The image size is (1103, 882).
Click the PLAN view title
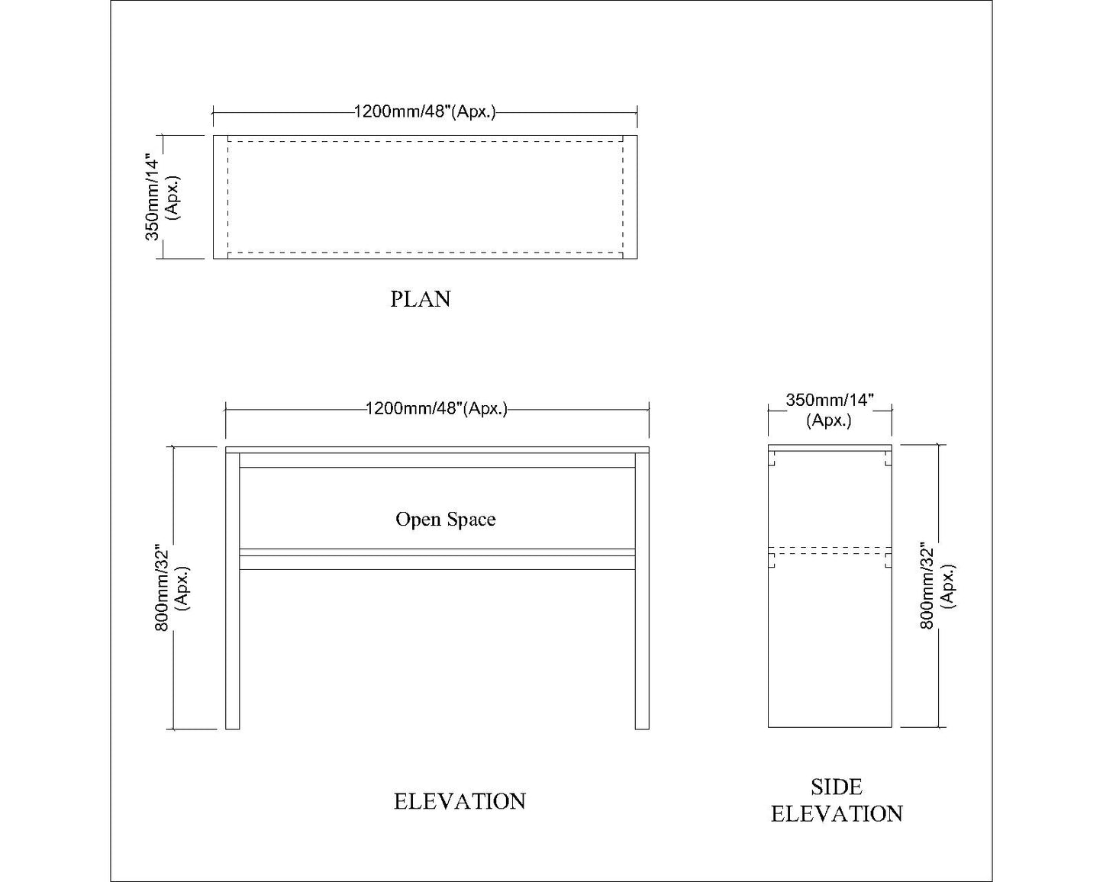click(x=421, y=299)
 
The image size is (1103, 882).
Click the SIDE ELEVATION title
click(x=837, y=800)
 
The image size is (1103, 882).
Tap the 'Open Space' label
click(x=445, y=520)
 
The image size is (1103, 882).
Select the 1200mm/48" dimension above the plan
click(x=424, y=112)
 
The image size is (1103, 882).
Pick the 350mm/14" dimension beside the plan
click(x=163, y=198)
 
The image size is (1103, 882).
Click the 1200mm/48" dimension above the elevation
click(x=437, y=408)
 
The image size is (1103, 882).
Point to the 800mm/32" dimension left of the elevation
click(x=172, y=587)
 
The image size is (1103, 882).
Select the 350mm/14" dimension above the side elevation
click(x=829, y=410)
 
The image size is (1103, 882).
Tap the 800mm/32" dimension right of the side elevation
click(x=937, y=586)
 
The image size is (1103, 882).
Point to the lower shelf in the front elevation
click(x=437, y=558)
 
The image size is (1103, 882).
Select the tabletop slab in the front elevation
click(x=437, y=449)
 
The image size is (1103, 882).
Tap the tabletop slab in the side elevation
click(x=830, y=447)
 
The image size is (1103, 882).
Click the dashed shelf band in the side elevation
click(x=830, y=550)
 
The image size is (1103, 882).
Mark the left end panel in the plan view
click(x=221, y=197)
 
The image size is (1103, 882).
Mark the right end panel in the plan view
click(x=631, y=197)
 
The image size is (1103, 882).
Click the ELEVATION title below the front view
click(x=460, y=801)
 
